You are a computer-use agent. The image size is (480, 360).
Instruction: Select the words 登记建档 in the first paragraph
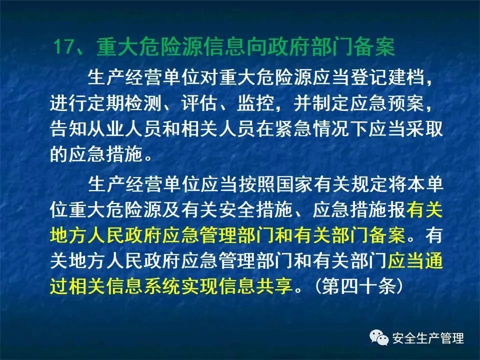[x=387, y=76]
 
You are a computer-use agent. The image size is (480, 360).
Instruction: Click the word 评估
[x=199, y=103]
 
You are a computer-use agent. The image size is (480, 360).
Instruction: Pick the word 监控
[x=255, y=103]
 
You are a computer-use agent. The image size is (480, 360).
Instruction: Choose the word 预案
[x=405, y=103]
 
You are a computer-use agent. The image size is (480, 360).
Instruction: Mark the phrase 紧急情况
[x=312, y=129]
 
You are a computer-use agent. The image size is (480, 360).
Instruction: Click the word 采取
[x=424, y=129]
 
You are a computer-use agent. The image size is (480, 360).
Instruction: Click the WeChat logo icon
[x=379, y=337]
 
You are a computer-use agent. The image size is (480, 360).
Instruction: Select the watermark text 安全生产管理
[x=428, y=338]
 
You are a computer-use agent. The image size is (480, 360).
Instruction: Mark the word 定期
[x=106, y=103]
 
